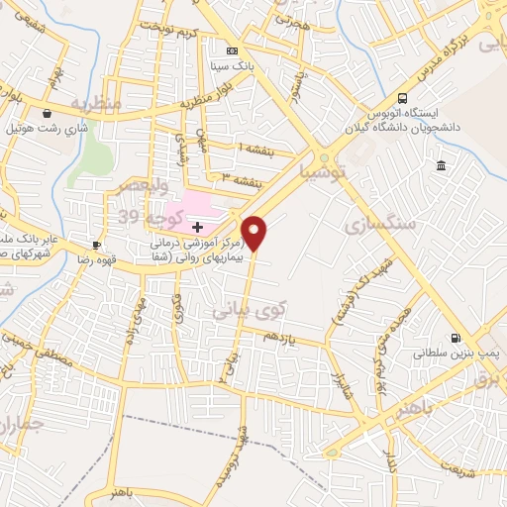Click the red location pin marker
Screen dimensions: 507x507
[254, 233]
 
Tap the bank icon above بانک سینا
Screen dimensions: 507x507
[233, 51]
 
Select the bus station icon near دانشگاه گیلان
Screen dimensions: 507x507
[402, 97]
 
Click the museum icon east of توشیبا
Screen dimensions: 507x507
[440, 164]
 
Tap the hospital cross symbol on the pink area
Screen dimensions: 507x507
[197, 227]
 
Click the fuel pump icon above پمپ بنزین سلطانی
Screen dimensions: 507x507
[455, 337]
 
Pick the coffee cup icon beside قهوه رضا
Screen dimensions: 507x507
[96, 245]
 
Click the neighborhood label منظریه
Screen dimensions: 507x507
[96, 103]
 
